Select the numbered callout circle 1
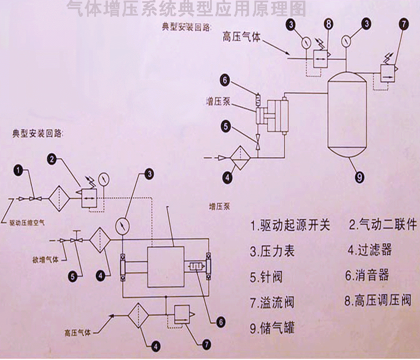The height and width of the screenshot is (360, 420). (x=19, y=171)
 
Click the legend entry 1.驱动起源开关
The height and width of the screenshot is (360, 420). (x=290, y=226)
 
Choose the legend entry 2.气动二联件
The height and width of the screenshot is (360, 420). (x=382, y=226)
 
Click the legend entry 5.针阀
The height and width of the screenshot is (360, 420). (x=268, y=276)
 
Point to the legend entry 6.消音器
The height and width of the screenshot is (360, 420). (x=367, y=275)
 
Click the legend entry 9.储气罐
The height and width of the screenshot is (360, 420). (x=272, y=328)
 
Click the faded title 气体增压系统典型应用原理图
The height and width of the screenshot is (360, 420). (x=187, y=8)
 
